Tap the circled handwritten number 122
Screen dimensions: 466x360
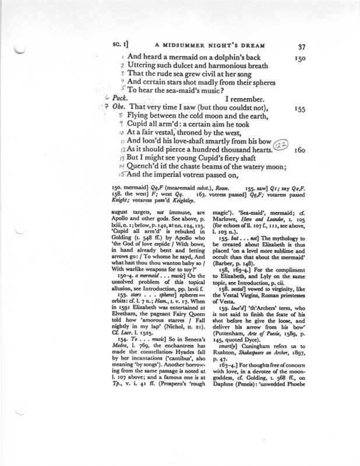[x=283, y=149]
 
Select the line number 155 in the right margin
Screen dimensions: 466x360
[x=301, y=108]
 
